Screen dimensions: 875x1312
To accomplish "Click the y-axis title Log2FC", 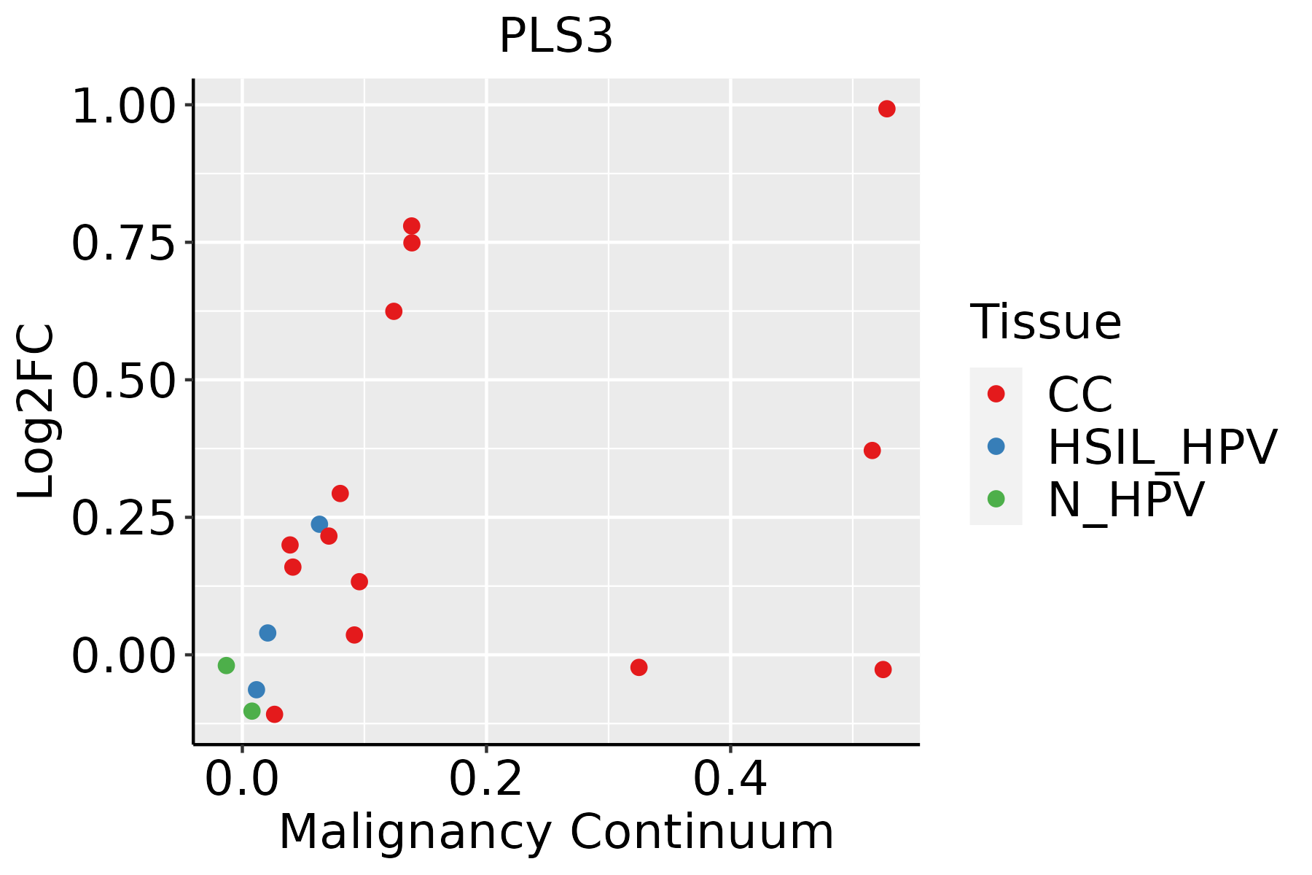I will tap(36, 411).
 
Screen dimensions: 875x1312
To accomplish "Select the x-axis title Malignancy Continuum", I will tap(556, 833).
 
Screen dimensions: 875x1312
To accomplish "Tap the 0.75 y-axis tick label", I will tap(124, 244).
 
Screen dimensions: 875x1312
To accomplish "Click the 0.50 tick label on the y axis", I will tap(124, 381).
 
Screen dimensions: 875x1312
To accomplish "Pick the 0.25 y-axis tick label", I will tap(124, 518).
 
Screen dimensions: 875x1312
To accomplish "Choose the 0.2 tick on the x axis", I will tap(485, 779).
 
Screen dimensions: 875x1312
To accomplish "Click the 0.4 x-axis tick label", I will tap(730, 779).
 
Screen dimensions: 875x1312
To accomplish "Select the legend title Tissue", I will tap(1045, 322).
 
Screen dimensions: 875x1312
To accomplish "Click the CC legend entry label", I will tap(1079, 394).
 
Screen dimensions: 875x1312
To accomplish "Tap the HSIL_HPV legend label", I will tap(1162, 447).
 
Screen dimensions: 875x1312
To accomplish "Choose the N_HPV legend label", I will tap(1125, 499).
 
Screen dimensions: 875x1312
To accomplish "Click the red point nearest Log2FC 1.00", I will tap(886, 109).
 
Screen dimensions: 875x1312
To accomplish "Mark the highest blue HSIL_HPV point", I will tap(319, 524).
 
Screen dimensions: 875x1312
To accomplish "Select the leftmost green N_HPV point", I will tap(226, 665).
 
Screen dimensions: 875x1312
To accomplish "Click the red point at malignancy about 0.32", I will tap(639, 667).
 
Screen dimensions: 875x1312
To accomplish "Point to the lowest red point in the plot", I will tap(274, 714).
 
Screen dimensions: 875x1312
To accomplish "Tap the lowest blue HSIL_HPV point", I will tap(256, 690).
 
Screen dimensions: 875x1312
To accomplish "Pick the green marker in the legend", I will tap(996, 499).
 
